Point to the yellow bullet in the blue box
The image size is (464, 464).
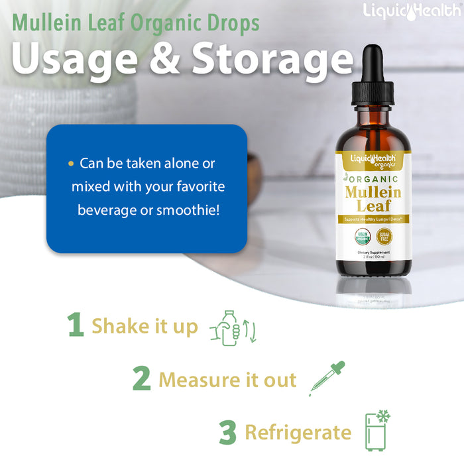click(71, 163)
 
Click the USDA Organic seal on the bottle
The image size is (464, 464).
click(362, 236)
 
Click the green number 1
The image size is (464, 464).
click(76, 325)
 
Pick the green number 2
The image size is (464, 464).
click(141, 380)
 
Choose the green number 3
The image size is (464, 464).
click(228, 433)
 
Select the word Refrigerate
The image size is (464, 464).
click(298, 433)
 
